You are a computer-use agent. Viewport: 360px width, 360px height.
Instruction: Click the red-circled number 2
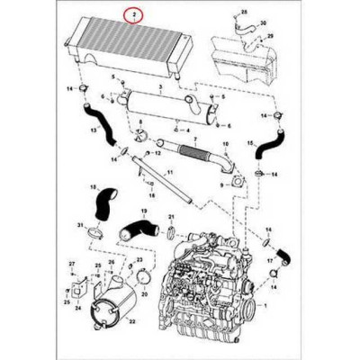click(x=135, y=15)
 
